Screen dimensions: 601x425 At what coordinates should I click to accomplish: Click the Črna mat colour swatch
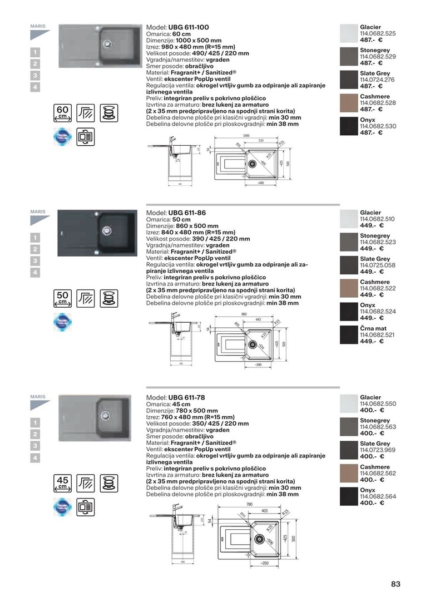[x=348, y=334]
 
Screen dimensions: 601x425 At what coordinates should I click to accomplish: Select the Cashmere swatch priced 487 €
[x=348, y=103]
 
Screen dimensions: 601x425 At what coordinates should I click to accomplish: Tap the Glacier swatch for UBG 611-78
[x=348, y=403]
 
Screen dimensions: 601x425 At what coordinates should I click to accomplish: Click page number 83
[x=396, y=584]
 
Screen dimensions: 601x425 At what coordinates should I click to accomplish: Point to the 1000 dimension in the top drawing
[x=246, y=135]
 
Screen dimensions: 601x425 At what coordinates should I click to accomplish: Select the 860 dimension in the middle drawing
[x=244, y=314]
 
